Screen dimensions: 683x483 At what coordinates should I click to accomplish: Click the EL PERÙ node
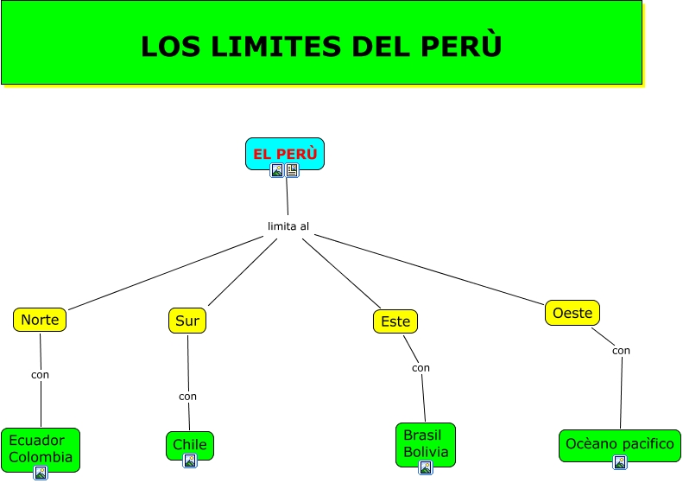click(x=285, y=154)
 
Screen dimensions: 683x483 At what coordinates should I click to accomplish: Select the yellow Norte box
click(x=40, y=320)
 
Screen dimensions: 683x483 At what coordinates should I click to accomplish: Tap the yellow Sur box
click(x=187, y=321)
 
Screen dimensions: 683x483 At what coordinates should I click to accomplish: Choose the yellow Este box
click(x=395, y=321)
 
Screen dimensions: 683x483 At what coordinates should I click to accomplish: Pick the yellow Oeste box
click(x=572, y=313)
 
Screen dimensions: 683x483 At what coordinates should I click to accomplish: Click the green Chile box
click(x=190, y=446)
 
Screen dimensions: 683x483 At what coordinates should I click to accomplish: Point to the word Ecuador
click(x=36, y=441)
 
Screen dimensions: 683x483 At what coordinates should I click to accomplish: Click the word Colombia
click(x=41, y=457)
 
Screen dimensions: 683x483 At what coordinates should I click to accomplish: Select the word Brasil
click(x=422, y=435)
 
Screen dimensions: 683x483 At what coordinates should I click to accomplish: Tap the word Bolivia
click(x=426, y=452)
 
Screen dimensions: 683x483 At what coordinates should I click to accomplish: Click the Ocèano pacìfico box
click(x=620, y=446)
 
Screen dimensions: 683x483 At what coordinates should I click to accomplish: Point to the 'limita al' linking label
click(x=288, y=226)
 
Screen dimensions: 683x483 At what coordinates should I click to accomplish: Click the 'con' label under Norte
click(x=40, y=375)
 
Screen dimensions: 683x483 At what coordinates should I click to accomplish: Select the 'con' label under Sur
click(x=187, y=397)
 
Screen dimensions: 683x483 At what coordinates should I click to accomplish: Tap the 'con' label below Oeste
click(x=621, y=351)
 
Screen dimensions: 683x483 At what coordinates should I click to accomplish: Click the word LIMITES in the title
click(x=276, y=46)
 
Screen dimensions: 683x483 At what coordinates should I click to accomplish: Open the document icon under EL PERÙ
click(x=292, y=170)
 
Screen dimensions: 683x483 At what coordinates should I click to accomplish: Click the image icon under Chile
click(x=189, y=461)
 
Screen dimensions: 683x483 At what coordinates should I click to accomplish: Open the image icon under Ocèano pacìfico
click(x=620, y=462)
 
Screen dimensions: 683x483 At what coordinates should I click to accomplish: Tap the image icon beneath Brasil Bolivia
click(x=426, y=467)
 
